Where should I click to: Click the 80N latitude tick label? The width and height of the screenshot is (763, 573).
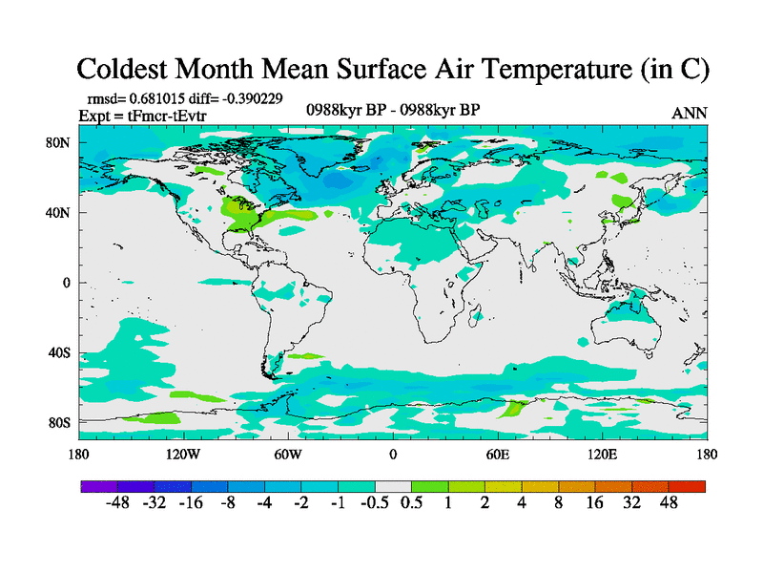pos(59,143)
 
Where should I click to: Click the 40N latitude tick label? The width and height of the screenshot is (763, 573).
pos(59,213)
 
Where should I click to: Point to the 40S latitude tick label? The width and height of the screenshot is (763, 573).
pos(59,352)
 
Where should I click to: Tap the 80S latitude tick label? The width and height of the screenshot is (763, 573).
pos(59,422)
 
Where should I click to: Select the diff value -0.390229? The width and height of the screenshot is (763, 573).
pos(249,97)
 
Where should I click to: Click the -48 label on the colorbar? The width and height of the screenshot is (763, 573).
pos(118,503)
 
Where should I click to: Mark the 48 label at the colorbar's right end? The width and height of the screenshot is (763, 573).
pos(668,503)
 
